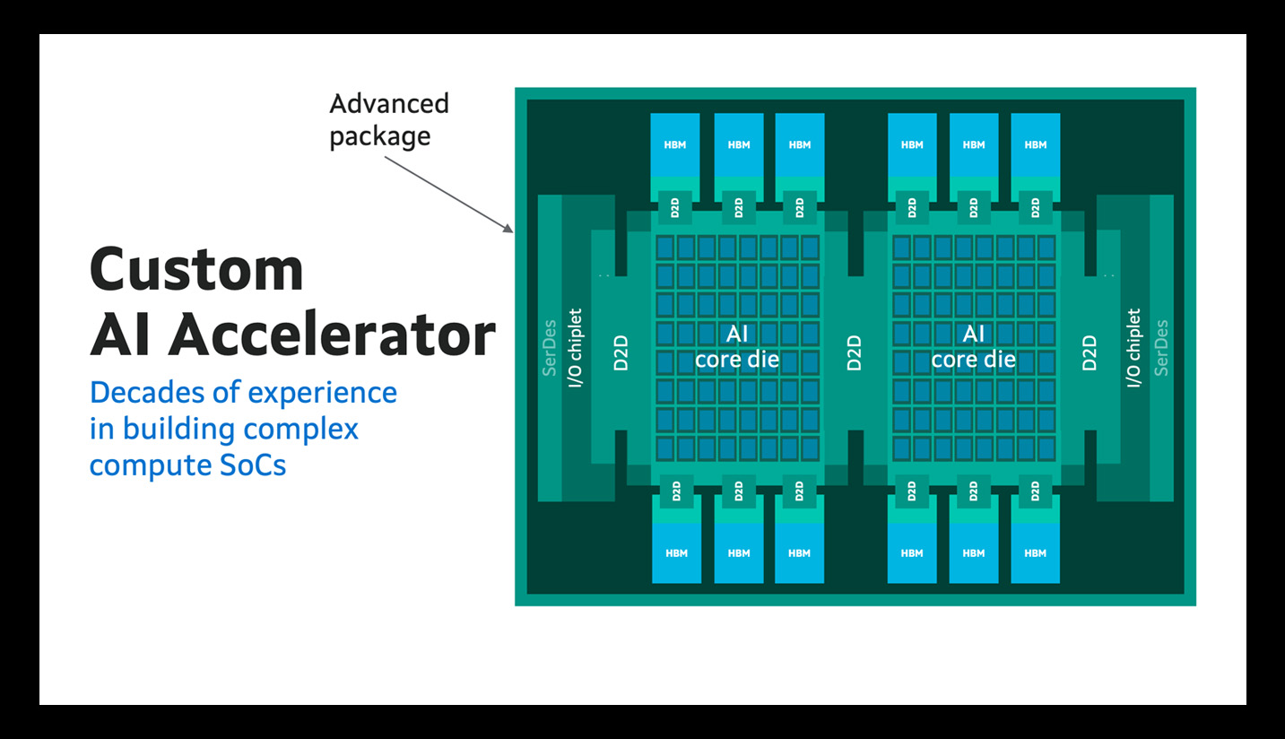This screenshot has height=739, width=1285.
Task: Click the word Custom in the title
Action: pos(196,268)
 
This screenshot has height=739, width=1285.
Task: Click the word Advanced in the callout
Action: pos(389,104)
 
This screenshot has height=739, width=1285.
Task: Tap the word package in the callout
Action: pos(380,137)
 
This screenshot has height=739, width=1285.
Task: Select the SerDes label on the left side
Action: pos(550,347)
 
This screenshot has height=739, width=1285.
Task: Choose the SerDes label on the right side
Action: pos(1161,347)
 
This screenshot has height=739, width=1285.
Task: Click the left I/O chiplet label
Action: pos(576,348)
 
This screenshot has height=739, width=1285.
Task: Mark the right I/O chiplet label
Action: pos(1134,348)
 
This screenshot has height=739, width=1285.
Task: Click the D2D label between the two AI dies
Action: pos(855,352)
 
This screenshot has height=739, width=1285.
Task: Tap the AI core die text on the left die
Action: pos(737,347)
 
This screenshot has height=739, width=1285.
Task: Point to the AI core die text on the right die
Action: pos(973,347)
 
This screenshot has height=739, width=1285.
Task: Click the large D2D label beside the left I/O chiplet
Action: pos(621,352)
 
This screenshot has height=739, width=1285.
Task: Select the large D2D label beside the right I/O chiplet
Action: pos(1090,352)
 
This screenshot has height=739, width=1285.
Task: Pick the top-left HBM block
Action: pos(675,144)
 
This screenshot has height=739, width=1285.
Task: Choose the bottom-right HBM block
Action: pos(1035,552)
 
